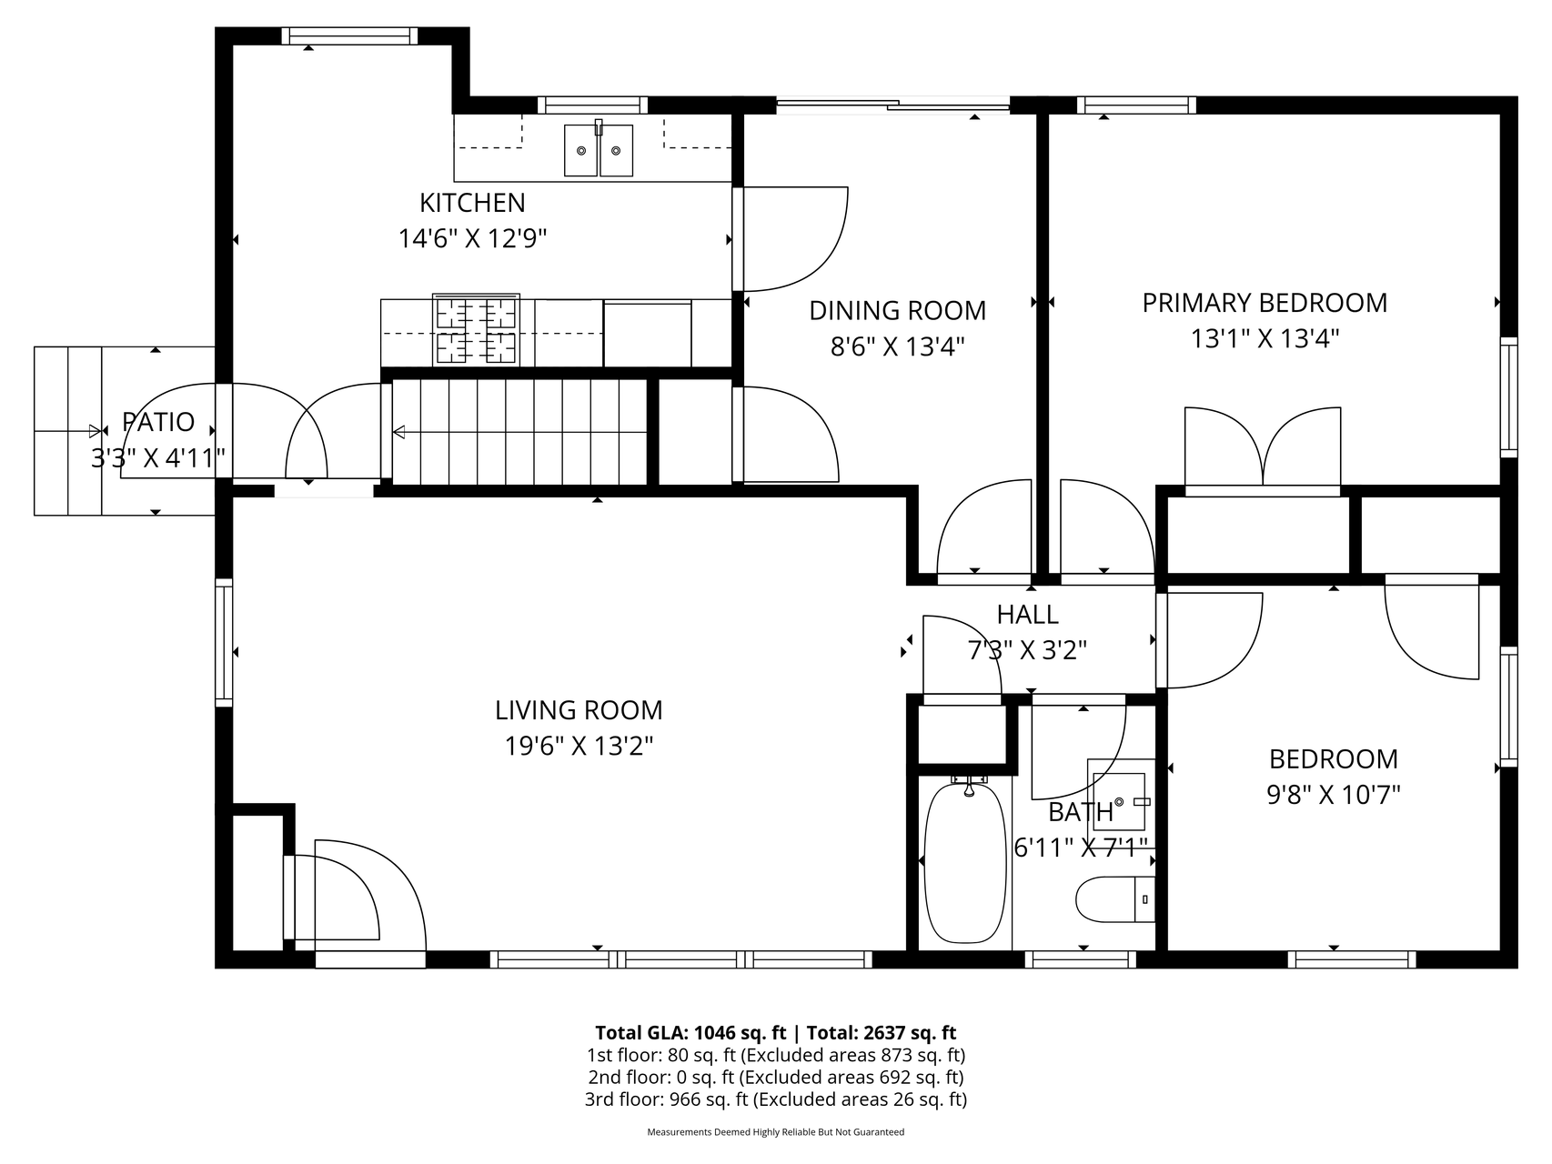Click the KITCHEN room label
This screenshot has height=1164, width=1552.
(x=472, y=202)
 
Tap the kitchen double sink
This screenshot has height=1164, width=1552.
(x=598, y=149)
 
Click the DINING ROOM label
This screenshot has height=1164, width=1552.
(x=898, y=310)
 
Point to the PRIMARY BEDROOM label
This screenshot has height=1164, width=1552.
(x=1265, y=303)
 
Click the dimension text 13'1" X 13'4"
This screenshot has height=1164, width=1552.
(x=1265, y=339)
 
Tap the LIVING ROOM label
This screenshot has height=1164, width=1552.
(x=579, y=709)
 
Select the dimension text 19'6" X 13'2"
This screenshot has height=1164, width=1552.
(x=579, y=747)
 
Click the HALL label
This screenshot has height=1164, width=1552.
(x=1027, y=615)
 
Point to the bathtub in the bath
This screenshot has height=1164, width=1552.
(x=966, y=859)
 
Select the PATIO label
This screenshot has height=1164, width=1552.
(x=158, y=422)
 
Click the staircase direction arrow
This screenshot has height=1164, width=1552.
(x=519, y=433)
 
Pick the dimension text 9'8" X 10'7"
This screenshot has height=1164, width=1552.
(x=1333, y=796)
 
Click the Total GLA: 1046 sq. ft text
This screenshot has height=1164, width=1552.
(x=690, y=1032)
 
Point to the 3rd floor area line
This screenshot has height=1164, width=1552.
(x=775, y=1099)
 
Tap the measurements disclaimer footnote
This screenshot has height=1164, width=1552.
(x=775, y=1132)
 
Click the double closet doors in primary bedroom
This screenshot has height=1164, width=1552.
(x=1263, y=450)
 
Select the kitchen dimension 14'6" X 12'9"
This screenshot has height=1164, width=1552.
(x=472, y=239)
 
